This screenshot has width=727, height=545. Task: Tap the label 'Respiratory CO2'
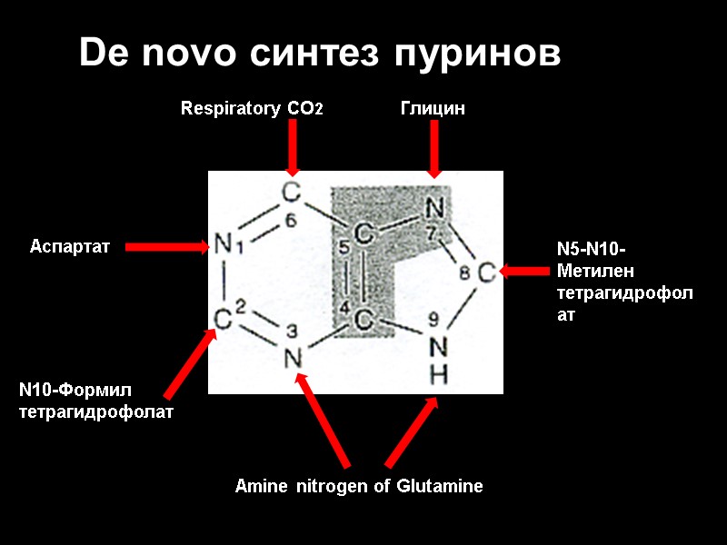point(252,109)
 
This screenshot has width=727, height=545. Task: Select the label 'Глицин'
point(433,109)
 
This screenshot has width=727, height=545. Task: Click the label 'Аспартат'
point(70,246)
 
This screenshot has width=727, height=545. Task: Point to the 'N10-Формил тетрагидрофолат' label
point(95,401)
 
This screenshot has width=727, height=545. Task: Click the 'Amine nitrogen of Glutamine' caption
point(359,486)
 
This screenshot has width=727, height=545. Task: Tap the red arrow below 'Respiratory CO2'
point(292,147)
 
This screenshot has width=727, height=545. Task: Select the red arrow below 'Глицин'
point(434,149)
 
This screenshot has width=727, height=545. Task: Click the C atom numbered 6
point(291,193)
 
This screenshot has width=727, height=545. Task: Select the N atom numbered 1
point(222,245)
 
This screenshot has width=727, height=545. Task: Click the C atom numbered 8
point(486,271)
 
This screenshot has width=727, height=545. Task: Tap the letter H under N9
point(438,373)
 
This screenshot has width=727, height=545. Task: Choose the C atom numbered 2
point(223,319)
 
